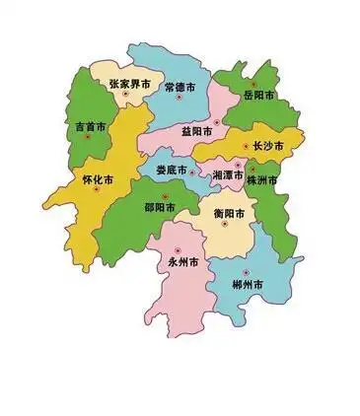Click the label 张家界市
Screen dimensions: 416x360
pyautogui.click(x=131, y=86)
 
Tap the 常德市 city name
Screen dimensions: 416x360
pyautogui.click(x=180, y=88)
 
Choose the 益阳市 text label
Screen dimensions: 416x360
pyautogui.click(x=200, y=131)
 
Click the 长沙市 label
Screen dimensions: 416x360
pyautogui.click(x=267, y=146)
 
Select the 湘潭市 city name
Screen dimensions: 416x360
pyautogui.click(x=229, y=173)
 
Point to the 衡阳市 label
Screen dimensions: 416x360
pyautogui.click(x=231, y=213)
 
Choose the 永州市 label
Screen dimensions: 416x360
pyautogui.click(x=183, y=263)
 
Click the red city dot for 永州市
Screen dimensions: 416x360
pyautogui.click(x=178, y=250)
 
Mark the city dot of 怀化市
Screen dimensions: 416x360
pyautogui.click(x=96, y=190)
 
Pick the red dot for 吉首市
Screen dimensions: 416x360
pyautogui.click(x=87, y=137)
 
